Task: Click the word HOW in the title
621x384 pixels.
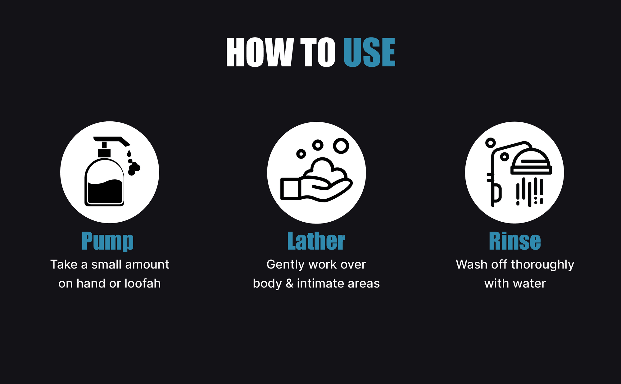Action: click(260, 52)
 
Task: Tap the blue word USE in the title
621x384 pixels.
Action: click(369, 52)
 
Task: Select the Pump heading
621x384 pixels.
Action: click(107, 241)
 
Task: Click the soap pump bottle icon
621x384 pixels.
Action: click(105, 171)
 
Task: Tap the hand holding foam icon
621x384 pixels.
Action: click(316, 179)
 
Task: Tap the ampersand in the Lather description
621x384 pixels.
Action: click(289, 283)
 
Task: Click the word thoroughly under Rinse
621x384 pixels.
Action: click(542, 265)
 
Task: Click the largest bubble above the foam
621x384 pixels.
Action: click(341, 146)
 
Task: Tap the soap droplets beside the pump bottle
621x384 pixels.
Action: click(133, 163)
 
